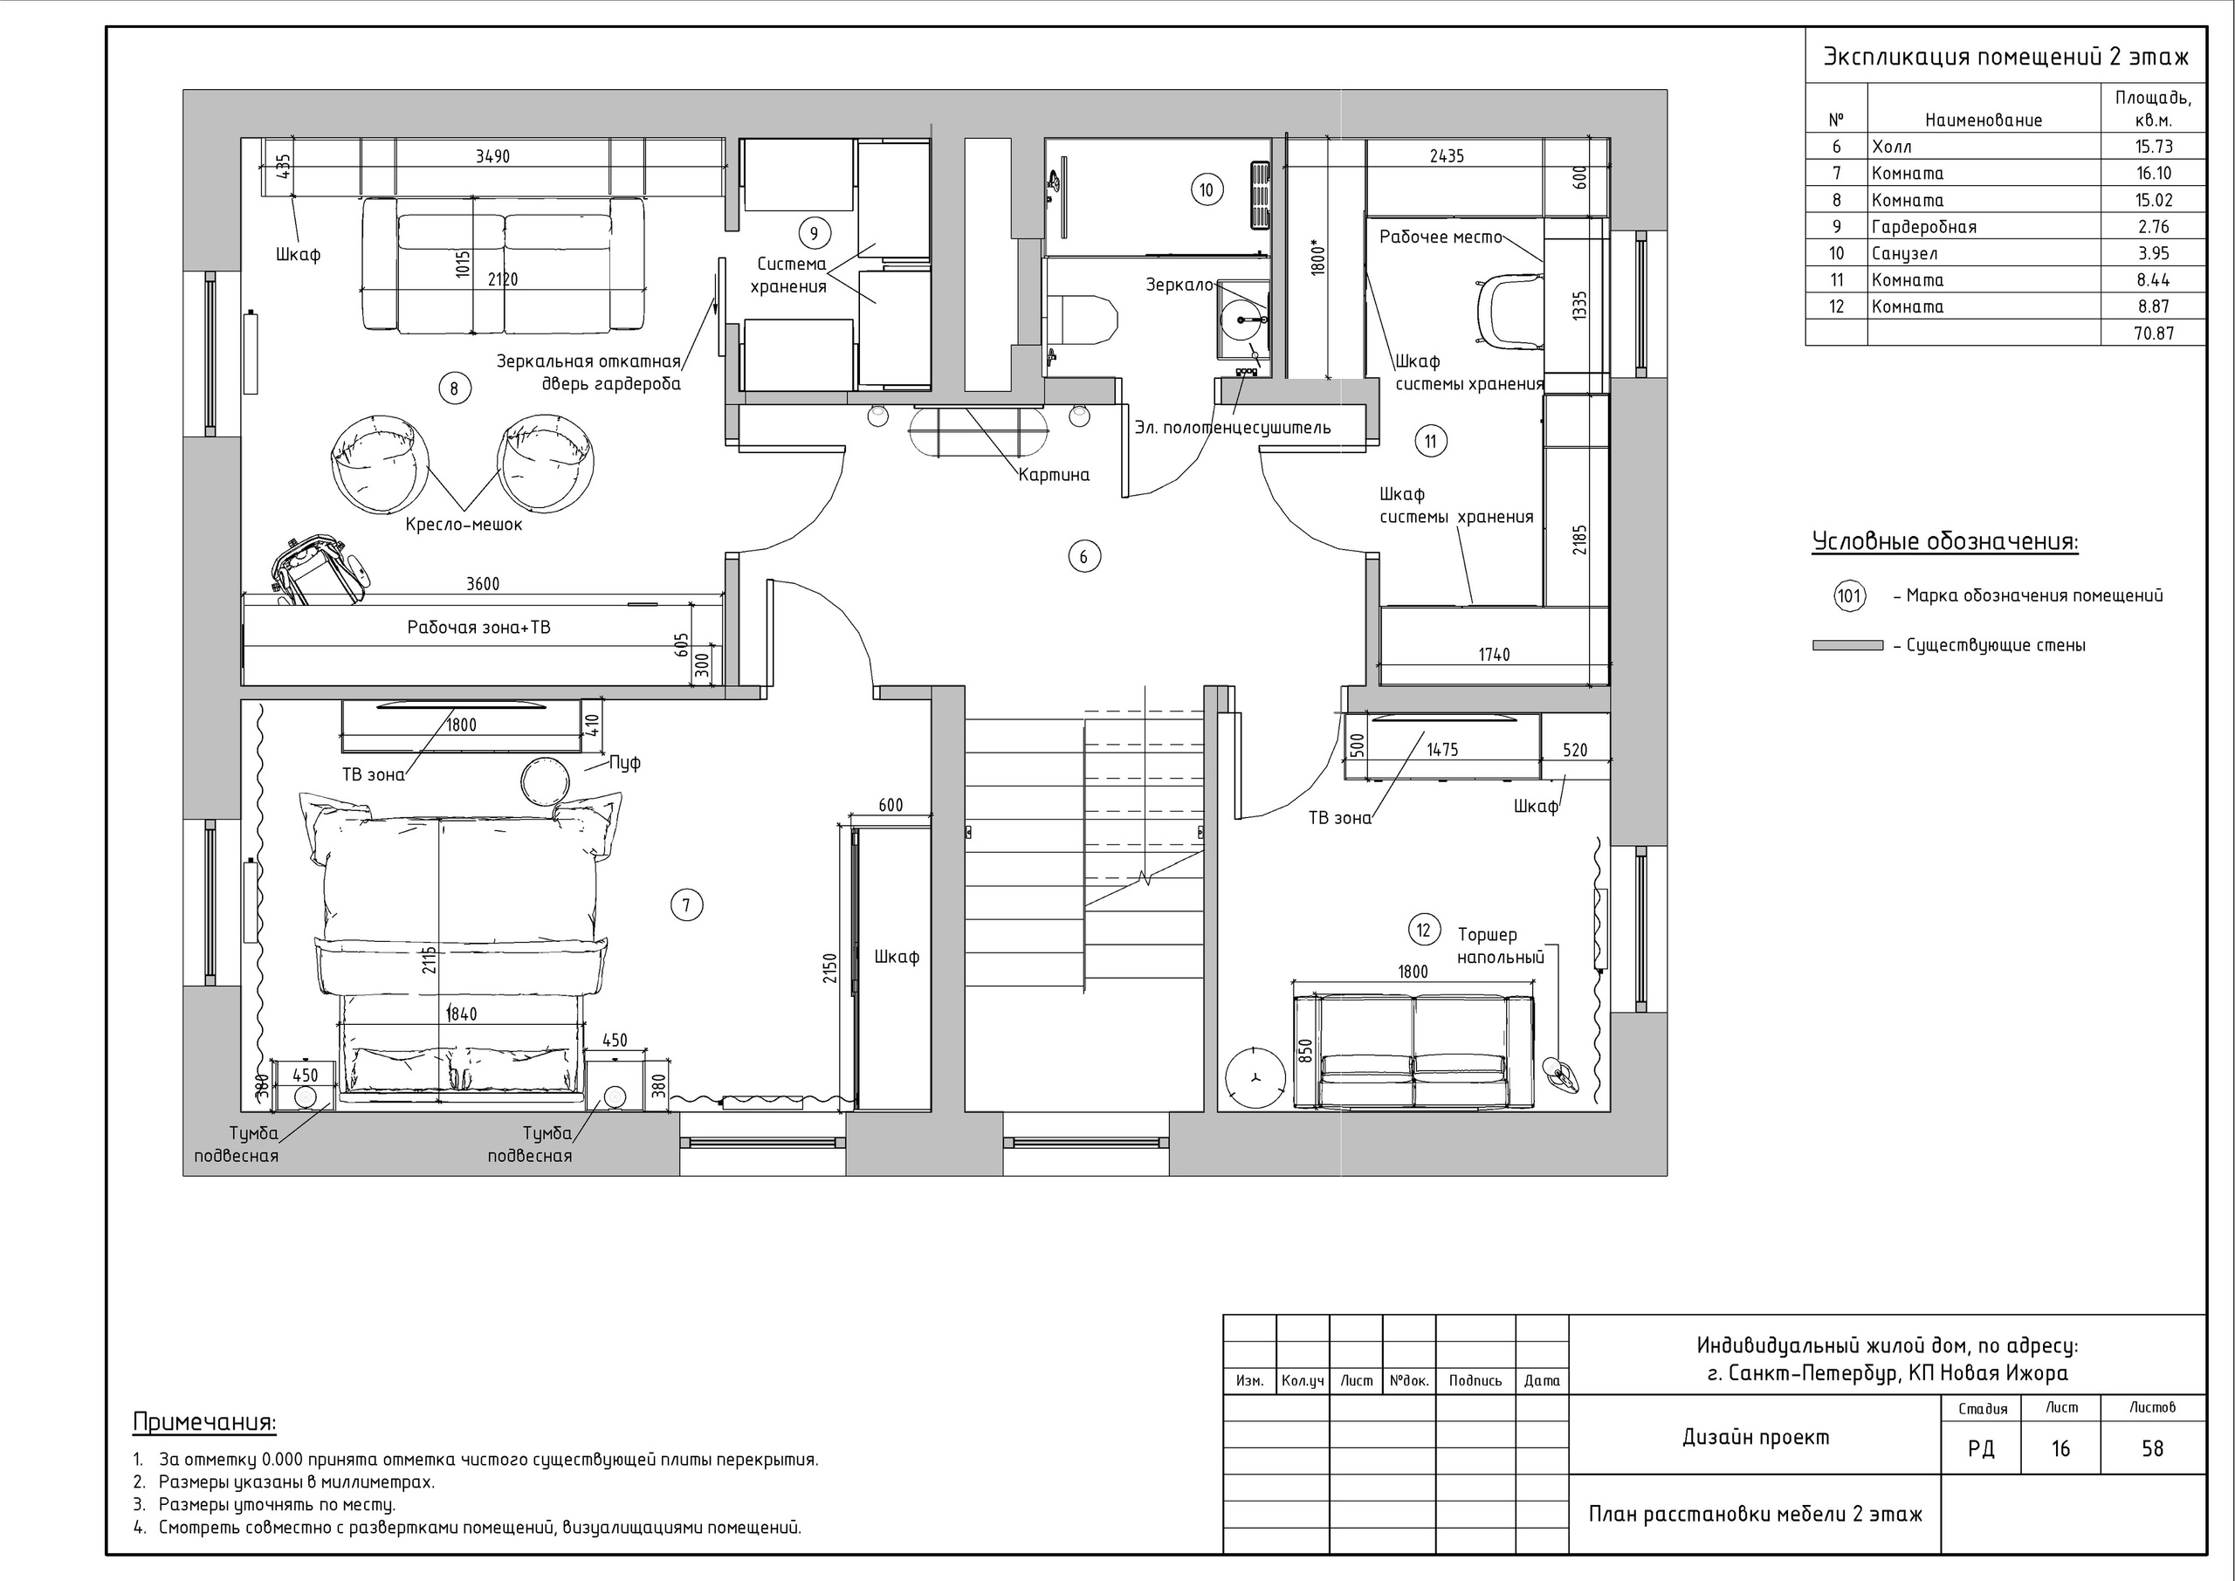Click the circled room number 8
coord(455,389)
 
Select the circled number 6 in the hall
coord(1084,557)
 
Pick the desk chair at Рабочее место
coord(1509,310)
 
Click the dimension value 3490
coord(492,155)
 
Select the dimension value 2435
coord(1447,155)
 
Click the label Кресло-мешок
coord(464,525)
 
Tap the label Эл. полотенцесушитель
coord(1233,428)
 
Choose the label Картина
coord(1055,475)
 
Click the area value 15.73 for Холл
coord(2152,146)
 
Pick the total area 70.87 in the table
coord(2152,333)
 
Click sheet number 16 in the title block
coord(2060,1448)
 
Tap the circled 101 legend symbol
coord(1849,595)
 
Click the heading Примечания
coord(204,1422)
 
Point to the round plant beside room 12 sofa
coord(1254,1076)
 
